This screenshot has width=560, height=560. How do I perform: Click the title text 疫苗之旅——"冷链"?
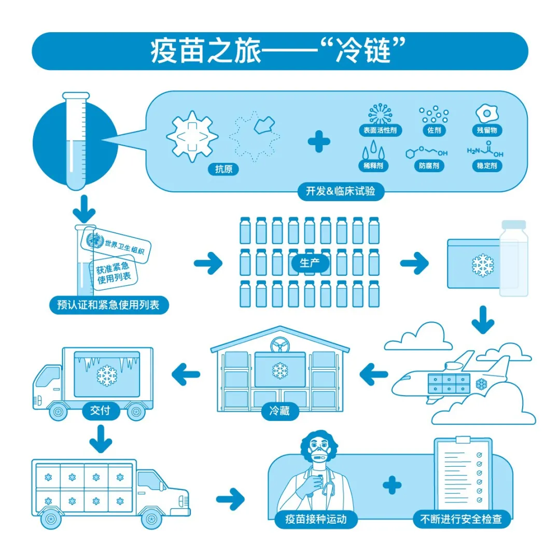279,51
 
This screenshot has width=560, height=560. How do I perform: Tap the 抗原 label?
223,169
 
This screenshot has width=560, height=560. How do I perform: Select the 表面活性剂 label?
380,130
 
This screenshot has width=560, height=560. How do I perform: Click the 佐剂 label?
433,130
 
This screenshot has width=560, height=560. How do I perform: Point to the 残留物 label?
487,130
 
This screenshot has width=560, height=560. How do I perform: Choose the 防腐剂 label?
429,166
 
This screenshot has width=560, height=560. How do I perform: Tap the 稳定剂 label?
487,166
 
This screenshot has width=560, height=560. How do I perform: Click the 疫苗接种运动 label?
315,519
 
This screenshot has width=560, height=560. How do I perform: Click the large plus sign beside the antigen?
319,142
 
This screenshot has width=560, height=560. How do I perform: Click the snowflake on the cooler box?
483,264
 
